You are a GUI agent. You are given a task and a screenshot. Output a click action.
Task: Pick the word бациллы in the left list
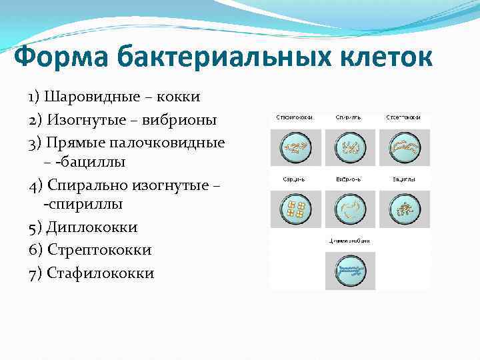[96, 162]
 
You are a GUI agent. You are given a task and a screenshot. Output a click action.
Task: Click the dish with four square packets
[295, 209]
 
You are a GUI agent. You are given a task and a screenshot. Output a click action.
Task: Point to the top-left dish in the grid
[295, 147]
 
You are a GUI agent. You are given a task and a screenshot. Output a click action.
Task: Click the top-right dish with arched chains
[404, 147]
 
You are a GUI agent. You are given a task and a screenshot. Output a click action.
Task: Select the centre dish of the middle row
[350, 209]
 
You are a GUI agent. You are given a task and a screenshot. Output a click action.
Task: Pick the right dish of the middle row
[404, 209]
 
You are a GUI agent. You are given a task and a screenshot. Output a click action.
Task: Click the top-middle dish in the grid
[350, 147]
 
